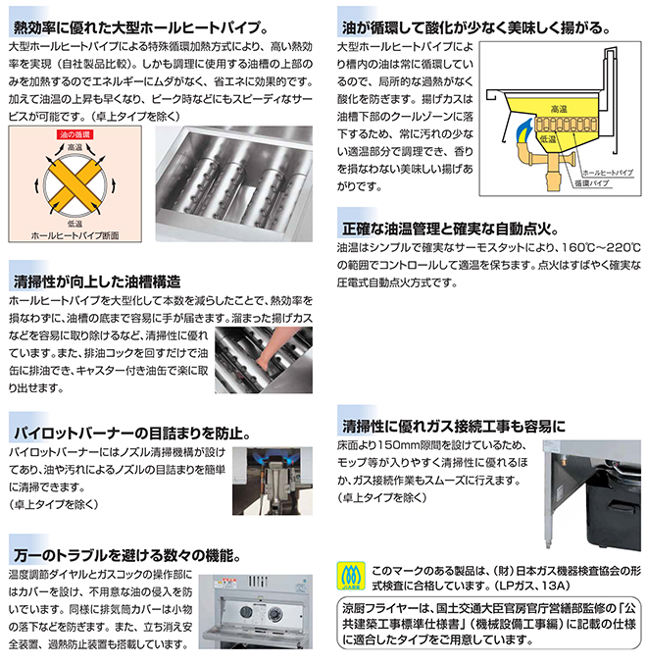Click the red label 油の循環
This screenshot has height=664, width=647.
[74, 134]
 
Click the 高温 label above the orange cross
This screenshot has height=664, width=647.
[75, 147]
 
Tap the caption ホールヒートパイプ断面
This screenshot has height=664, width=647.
[75, 235]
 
